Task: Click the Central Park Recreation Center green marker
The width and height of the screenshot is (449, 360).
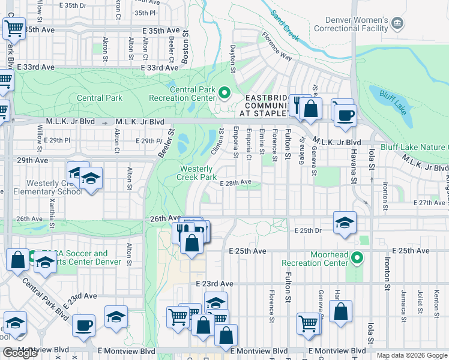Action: point(224,93)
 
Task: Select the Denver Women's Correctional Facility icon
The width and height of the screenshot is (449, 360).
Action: point(397,23)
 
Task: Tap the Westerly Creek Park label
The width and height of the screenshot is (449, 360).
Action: point(198,173)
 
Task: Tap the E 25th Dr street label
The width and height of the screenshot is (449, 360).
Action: point(310,230)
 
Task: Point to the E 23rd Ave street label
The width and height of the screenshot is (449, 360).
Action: point(214,283)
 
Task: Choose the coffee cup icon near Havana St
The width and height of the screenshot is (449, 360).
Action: point(345,114)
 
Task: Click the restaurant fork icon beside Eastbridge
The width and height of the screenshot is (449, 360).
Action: point(296,106)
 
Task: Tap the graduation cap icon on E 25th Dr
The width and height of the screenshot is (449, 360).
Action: point(345,222)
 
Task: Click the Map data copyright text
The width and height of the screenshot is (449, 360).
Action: point(412,355)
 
